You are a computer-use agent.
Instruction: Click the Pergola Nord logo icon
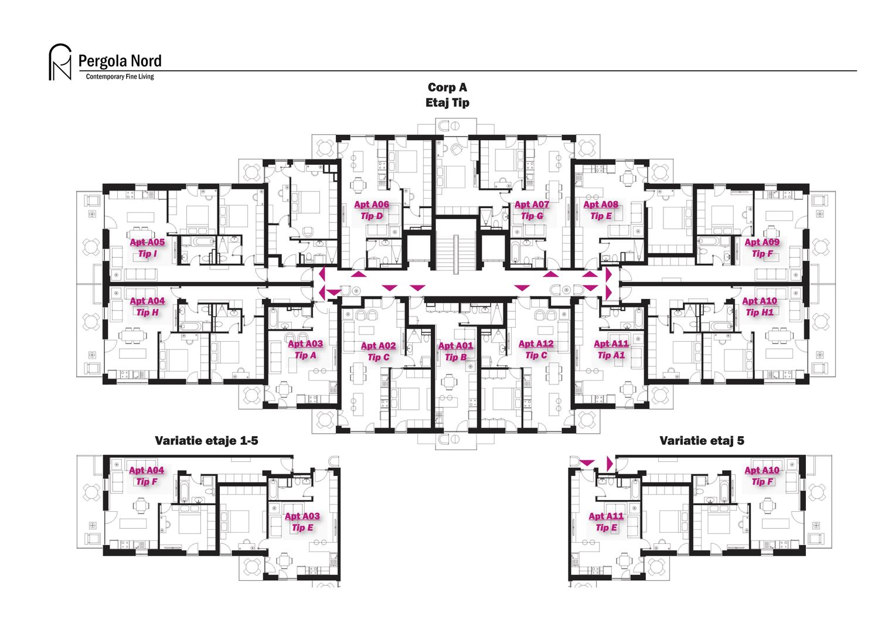59,62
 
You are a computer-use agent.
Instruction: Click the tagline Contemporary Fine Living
120,77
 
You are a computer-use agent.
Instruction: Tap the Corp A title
447,87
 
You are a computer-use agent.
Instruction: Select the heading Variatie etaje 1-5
206,441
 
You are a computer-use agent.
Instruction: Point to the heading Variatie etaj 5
702,441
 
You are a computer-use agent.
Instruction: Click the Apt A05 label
147,242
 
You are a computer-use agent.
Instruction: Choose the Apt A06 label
371,205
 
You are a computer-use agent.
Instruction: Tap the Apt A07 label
532,205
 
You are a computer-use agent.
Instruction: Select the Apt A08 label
601,205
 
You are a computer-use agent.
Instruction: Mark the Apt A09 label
762,242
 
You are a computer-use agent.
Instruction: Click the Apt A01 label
455,346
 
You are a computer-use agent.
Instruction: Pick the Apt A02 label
378,346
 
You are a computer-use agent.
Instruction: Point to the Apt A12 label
536,344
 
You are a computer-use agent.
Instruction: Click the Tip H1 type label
760,312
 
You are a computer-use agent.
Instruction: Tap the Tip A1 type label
611,355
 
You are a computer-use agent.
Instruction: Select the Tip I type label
147,254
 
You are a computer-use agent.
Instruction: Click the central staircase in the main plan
455,252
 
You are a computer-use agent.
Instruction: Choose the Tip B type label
455,357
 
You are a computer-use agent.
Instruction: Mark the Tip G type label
532,216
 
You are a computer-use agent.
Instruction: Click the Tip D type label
371,216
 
